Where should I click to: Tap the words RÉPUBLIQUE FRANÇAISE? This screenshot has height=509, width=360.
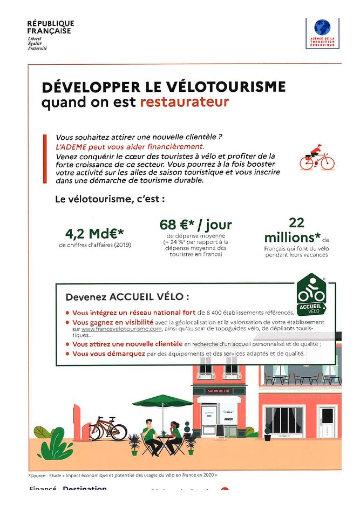click(x=50, y=27)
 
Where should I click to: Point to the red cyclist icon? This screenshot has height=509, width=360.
click(x=317, y=157)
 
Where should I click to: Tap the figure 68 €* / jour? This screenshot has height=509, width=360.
click(x=195, y=225)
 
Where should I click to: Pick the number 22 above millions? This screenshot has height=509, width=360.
click(x=296, y=222)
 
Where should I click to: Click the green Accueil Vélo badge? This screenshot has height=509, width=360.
click(x=311, y=295)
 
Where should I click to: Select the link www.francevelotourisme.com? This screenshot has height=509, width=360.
click(x=121, y=328)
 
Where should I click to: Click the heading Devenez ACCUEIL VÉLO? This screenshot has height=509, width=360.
click(x=127, y=297)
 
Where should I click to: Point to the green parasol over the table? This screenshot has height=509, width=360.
click(x=162, y=401)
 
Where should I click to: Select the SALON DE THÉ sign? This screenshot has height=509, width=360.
click(x=219, y=391)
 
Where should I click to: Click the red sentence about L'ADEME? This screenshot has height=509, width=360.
click(x=130, y=146)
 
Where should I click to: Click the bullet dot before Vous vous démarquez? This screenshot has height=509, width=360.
click(x=67, y=354)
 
